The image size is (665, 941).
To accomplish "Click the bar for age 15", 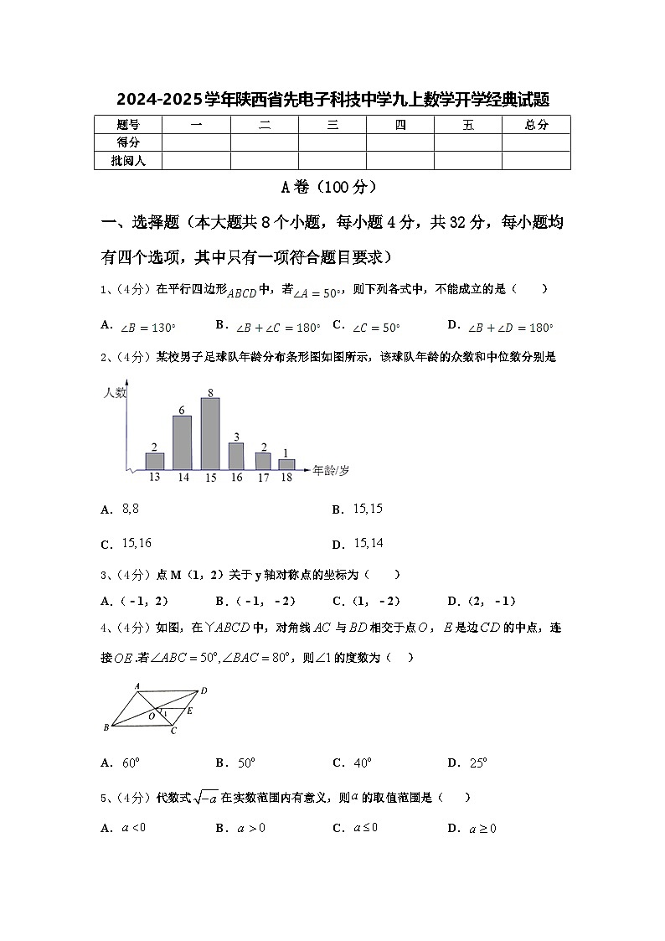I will tap(210, 433).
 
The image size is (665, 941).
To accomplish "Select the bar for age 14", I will tap(182, 442).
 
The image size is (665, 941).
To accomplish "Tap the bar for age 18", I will tap(286, 463).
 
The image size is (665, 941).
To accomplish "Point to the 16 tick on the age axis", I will tap(236, 477).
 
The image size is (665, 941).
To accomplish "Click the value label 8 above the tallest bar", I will tap(210, 392).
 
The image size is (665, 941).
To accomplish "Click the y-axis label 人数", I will tap(115, 392).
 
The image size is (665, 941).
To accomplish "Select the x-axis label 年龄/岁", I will tap(331, 470).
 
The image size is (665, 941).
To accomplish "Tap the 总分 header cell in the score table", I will tap(536, 125).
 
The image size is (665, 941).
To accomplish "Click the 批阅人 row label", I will tap(128, 160).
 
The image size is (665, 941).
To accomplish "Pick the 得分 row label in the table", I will tap(128, 142).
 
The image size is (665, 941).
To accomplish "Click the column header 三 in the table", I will tap(332, 125).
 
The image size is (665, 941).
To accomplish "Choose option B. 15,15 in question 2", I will tap(358, 509).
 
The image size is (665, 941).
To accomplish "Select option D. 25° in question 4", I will tap(468, 763).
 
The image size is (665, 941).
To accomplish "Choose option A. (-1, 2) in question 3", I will tap(135, 601).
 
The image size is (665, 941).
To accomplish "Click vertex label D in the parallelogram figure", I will tap(204, 691).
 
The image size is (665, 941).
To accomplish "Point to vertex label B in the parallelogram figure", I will tap(106, 727).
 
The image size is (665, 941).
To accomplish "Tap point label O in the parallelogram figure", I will tap(152, 716).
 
